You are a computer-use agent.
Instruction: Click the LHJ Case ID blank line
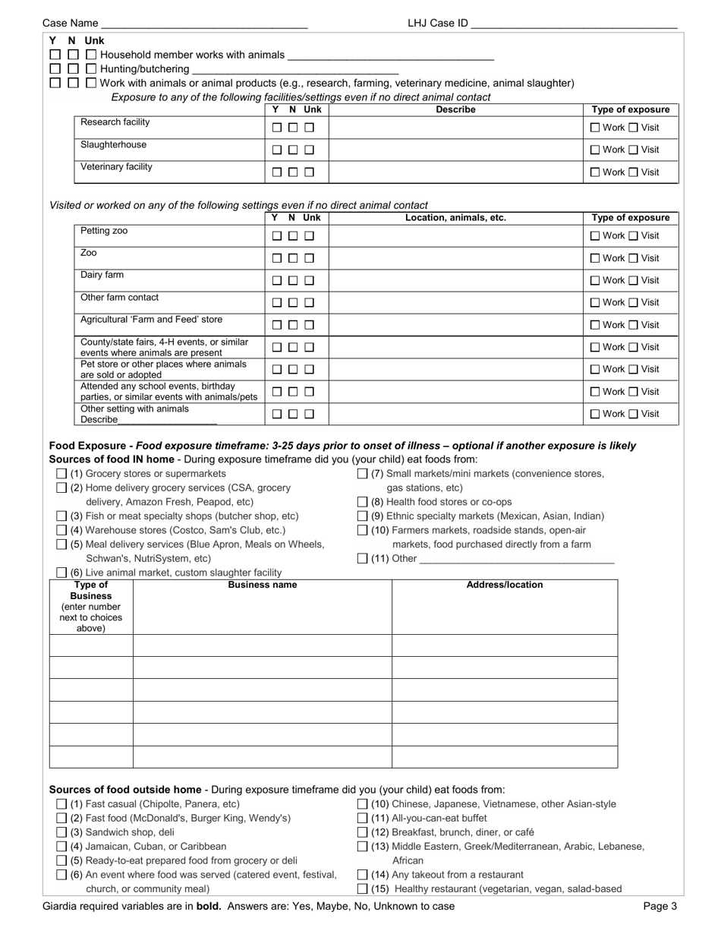tap(574, 24)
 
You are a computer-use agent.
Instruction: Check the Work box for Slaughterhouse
tap(595, 150)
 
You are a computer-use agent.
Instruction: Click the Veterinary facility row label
tap(116, 167)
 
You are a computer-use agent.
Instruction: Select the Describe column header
tap(455, 110)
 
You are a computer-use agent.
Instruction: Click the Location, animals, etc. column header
tap(455, 218)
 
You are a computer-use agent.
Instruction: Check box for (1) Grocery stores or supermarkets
tap(61, 474)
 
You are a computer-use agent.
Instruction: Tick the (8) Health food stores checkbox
tap(362, 502)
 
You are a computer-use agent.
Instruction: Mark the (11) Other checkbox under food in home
tap(362, 559)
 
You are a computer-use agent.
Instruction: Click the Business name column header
tap(263, 585)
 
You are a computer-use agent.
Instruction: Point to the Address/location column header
tap(505, 585)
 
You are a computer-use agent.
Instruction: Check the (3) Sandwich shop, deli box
tap(61, 832)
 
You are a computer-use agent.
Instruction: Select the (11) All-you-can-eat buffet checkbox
tap(362, 819)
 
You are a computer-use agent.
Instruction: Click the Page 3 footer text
tap(660, 906)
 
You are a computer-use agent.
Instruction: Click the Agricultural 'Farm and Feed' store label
tap(152, 320)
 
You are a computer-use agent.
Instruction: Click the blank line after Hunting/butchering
tap(296, 69)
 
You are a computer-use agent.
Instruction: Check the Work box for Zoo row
tap(595, 259)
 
